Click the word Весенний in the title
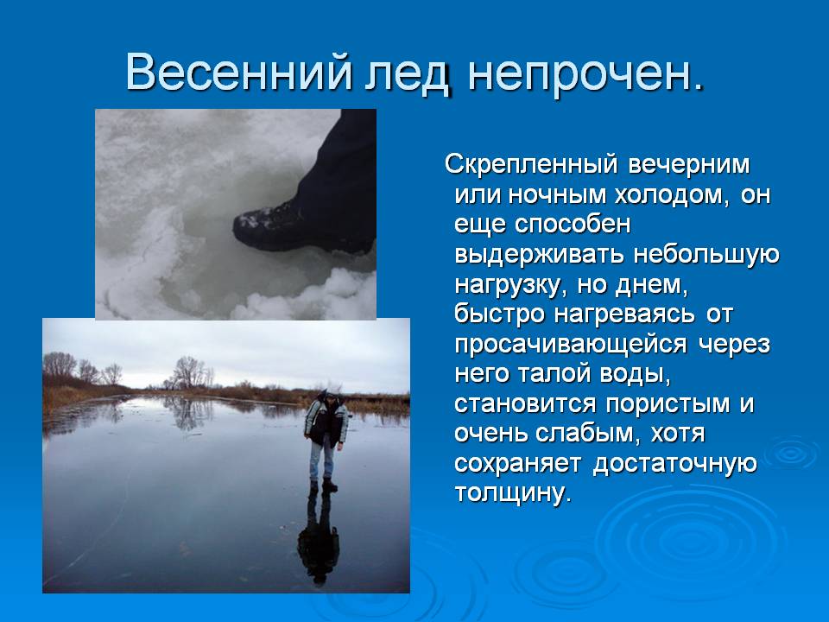238,72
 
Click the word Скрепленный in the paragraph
531,165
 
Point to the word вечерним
689,164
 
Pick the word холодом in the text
671,195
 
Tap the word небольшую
706,255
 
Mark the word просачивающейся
571,345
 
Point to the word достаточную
675,464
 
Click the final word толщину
513,493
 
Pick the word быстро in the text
499,314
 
